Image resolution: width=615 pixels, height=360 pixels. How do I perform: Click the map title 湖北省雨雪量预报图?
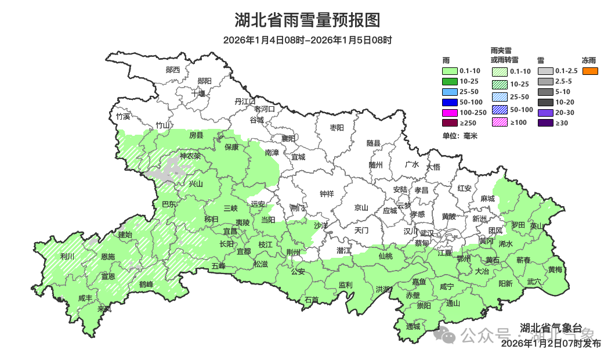click(307, 20)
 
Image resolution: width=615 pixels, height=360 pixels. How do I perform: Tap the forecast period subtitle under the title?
click(307, 40)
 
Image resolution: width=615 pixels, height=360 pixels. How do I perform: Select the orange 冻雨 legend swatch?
click(590, 71)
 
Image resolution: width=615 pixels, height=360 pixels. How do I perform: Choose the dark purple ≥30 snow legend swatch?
click(545, 123)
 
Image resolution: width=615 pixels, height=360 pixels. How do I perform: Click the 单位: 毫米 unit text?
click(459, 136)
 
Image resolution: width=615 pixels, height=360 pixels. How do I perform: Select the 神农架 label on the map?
click(190, 156)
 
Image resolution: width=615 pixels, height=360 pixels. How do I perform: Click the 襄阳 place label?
click(288, 138)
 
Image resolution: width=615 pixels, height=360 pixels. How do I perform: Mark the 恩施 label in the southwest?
click(107, 256)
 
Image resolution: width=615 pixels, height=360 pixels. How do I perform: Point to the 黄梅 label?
click(555, 269)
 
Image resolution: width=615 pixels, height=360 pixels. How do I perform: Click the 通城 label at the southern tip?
click(413, 326)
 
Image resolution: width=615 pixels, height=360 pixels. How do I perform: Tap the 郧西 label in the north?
click(172, 70)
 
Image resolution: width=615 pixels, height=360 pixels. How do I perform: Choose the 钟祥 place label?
click(327, 194)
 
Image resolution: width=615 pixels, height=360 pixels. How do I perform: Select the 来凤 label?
click(104, 309)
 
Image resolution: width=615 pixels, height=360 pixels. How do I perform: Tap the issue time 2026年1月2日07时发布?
click(551, 343)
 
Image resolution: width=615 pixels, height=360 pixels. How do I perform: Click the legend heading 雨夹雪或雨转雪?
click(504, 55)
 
